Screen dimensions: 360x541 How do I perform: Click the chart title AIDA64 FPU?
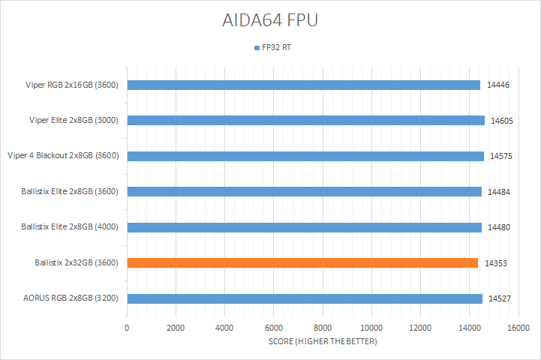[x=270, y=20]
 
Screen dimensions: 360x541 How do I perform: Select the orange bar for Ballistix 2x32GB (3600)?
[x=302, y=262]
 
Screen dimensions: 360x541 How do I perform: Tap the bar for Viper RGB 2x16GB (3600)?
[x=303, y=85]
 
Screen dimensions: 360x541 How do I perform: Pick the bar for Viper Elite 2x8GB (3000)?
[x=305, y=120]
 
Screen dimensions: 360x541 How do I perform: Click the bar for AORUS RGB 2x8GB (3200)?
[x=305, y=298]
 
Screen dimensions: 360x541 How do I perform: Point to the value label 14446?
[x=498, y=85]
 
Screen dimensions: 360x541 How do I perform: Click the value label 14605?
[x=502, y=120]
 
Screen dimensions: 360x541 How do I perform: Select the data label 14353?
[x=496, y=263]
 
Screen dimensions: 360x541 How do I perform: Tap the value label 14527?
[x=500, y=298]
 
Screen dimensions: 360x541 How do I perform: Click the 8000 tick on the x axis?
[x=323, y=328]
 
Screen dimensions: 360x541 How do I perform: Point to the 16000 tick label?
[x=518, y=328]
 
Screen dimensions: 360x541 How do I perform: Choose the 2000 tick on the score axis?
[x=176, y=328]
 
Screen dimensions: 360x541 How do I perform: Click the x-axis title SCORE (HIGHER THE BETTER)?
[x=323, y=342]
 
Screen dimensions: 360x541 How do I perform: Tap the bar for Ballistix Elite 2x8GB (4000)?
[x=304, y=227]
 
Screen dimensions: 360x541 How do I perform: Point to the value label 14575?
[x=501, y=156]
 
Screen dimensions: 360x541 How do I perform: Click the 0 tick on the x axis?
[x=127, y=328]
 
